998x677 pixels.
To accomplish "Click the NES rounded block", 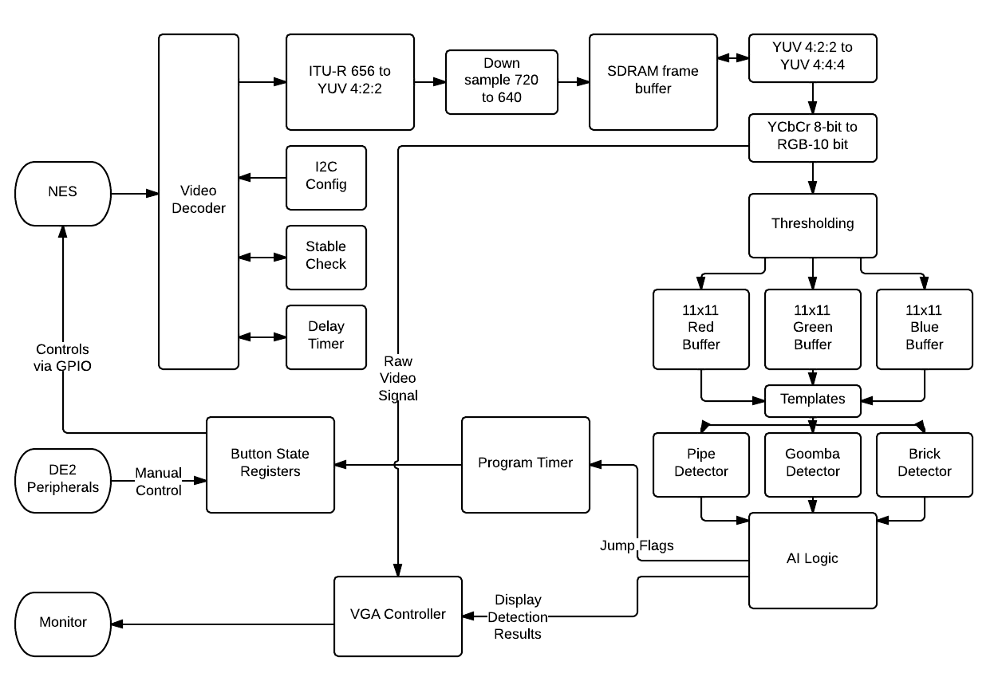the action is (x=63, y=193).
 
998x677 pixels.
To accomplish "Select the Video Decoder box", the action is (x=199, y=201).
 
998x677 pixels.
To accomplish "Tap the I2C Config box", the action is (x=326, y=178).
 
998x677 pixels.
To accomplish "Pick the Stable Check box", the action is (x=326, y=258).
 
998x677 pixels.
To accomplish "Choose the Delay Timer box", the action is (x=326, y=337).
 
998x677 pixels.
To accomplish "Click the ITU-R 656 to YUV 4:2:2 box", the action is (x=350, y=82).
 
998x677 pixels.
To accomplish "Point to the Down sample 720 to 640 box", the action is (x=502, y=82).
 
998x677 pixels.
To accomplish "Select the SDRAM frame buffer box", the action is (x=653, y=82).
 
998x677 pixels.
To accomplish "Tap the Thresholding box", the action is (x=813, y=226).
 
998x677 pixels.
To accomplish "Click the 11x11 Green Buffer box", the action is (x=813, y=329).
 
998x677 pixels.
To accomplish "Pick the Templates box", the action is (x=813, y=401).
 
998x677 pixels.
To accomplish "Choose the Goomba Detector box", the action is (x=813, y=465).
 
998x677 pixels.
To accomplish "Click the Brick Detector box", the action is (x=925, y=465).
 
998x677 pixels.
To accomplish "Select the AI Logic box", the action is (x=813, y=561).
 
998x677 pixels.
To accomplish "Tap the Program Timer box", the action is (x=526, y=465).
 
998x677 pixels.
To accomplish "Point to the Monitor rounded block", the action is (x=63, y=624).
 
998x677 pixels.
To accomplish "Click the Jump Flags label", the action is (x=637, y=545).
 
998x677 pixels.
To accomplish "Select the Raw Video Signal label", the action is (x=398, y=378).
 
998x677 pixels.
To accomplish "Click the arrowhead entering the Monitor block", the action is (x=117, y=624).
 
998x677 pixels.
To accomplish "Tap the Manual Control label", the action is (x=159, y=481).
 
